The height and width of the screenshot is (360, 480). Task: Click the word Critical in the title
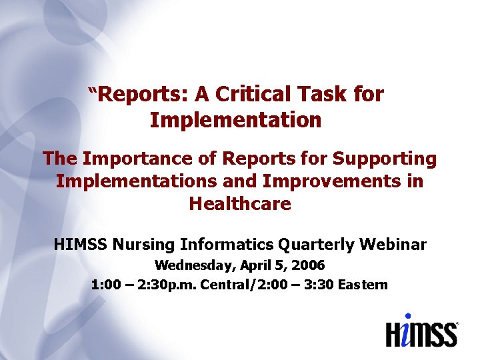click(x=257, y=95)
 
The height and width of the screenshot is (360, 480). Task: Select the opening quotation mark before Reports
click(x=94, y=90)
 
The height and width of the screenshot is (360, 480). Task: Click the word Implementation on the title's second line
click(x=236, y=121)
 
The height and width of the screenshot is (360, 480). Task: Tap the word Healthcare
click(x=240, y=204)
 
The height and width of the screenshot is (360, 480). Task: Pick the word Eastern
click(x=363, y=285)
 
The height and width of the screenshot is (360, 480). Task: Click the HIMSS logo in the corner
click(x=421, y=331)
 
